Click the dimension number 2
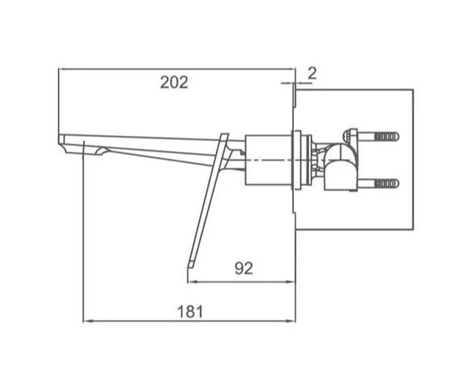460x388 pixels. pyautogui.click(x=312, y=73)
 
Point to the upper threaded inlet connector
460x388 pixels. pyautogui.click(x=384, y=135)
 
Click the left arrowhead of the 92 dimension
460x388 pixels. pyautogui.click(x=192, y=281)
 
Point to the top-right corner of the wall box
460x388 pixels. pyautogui.click(x=416, y=91)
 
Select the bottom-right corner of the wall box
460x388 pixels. pyautogui.click(x=416, y=230)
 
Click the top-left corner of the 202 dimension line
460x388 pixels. pyautogui.click(x=59, y=70)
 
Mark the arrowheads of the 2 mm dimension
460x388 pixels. pyautogui.click(x=295, y=82)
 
